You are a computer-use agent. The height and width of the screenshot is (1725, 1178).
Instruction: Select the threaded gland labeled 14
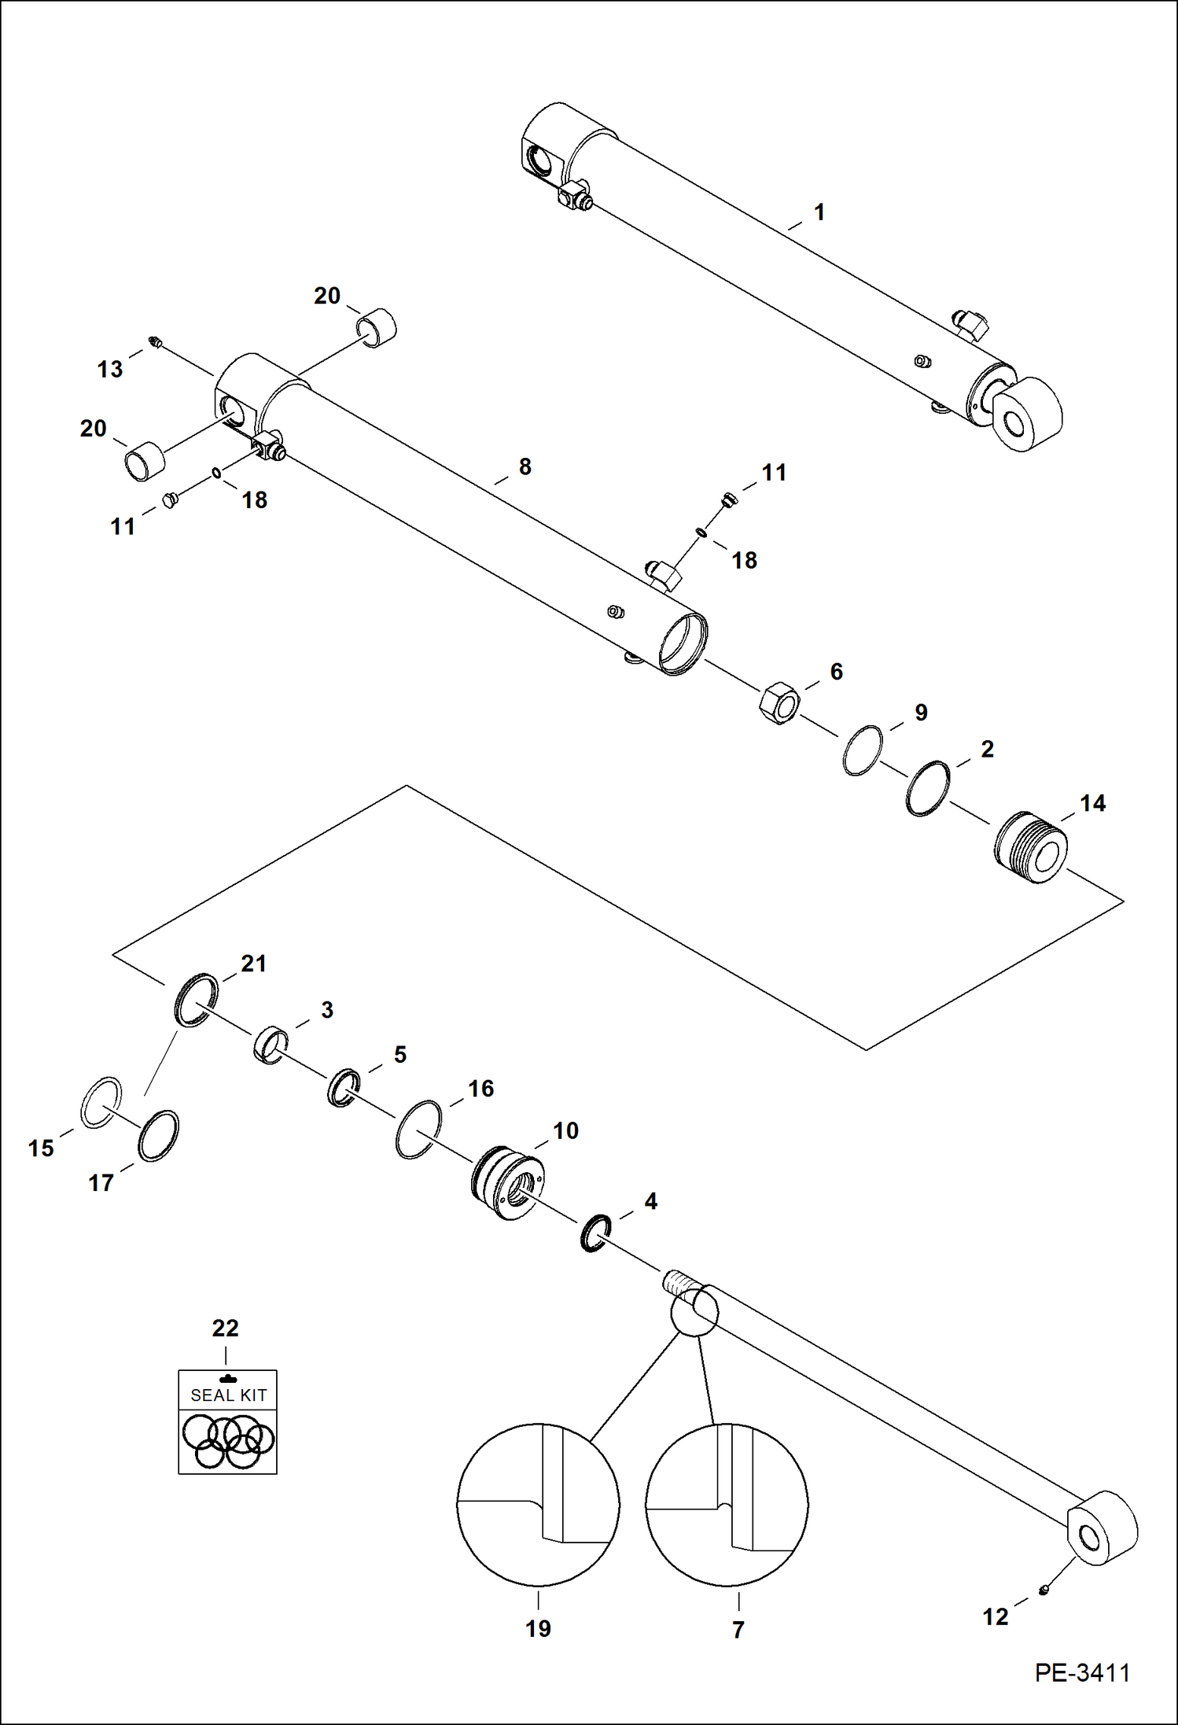(1031, 848)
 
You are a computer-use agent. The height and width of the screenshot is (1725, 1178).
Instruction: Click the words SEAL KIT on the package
(228, 1395)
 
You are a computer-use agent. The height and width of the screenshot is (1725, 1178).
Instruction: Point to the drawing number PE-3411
(1082, 1673)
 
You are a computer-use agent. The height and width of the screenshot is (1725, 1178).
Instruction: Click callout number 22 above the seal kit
(226, 1329)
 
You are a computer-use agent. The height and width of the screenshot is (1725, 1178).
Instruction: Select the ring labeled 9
(862, 750)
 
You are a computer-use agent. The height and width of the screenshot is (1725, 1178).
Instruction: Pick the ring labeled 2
(928, 788)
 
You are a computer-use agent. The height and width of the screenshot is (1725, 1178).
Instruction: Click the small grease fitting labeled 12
(1044, 1590)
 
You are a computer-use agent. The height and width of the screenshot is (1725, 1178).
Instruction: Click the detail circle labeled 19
(538, 1504)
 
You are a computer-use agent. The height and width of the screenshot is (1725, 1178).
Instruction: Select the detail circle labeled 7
(727, 1504)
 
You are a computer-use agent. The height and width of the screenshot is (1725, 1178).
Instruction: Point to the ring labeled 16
(418, 1130)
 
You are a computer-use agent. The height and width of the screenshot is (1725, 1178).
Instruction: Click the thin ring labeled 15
(101, 1103)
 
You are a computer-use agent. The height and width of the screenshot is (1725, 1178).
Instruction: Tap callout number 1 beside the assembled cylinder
(819, 212)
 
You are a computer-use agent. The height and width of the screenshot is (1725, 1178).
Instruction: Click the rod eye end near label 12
(1102, 1528)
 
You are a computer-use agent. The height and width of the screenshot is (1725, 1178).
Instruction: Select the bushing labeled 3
(271, 1045)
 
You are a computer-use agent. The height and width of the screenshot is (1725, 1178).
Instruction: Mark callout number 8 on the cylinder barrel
(525, 466)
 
